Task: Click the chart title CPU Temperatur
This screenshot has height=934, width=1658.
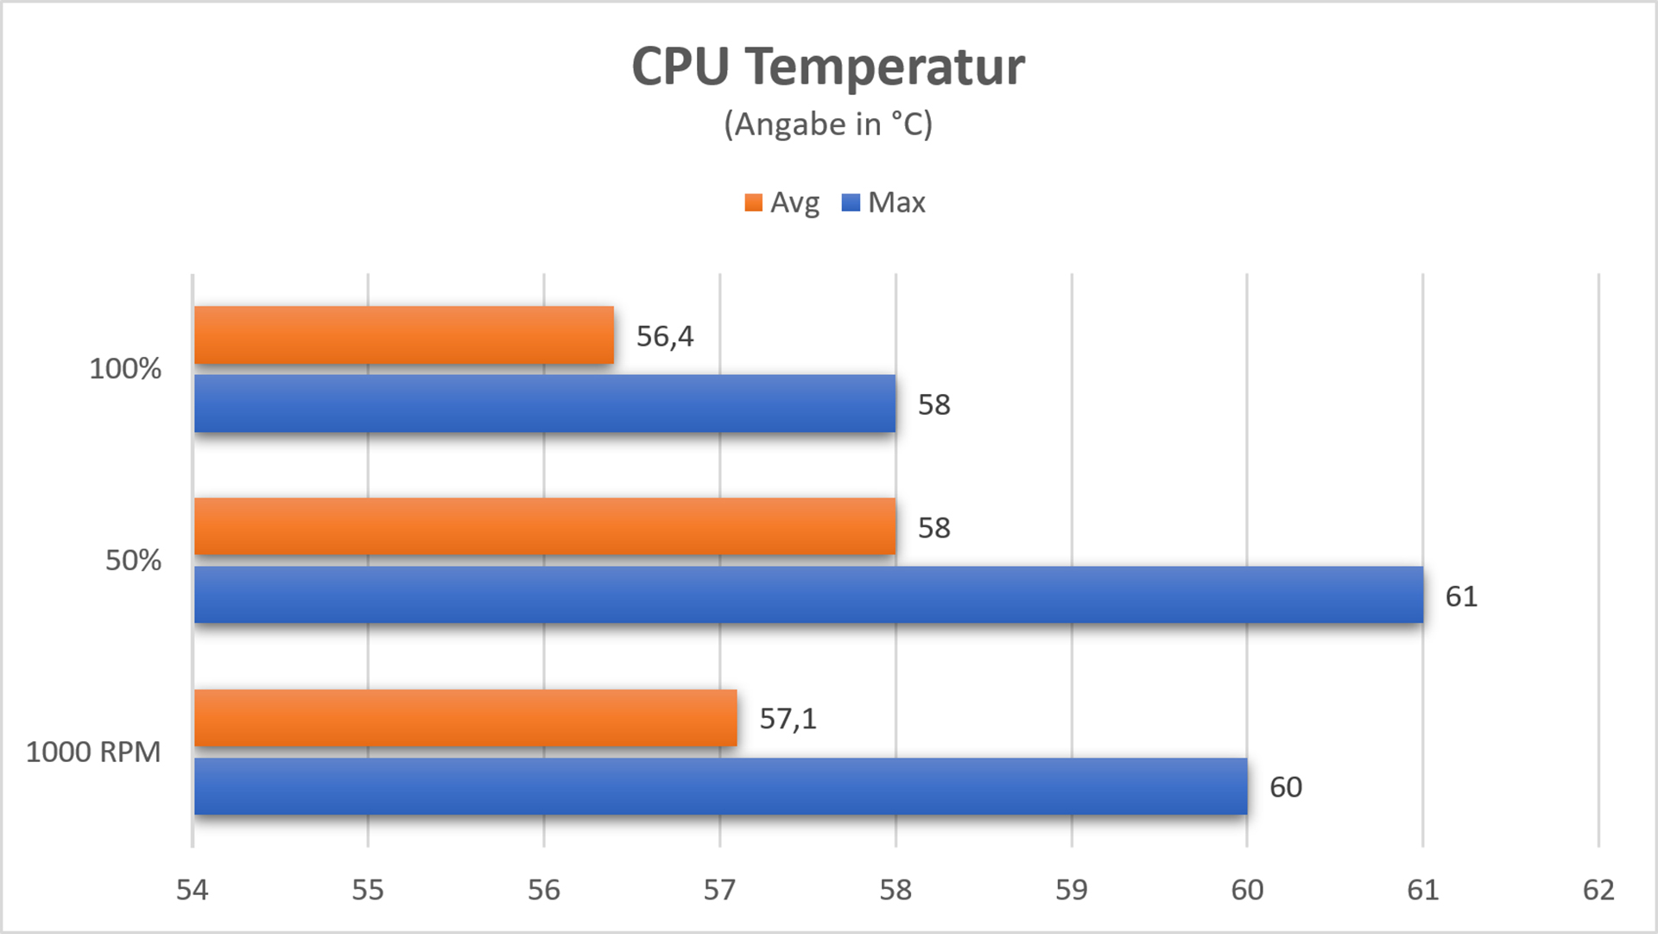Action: (x=828, y=67)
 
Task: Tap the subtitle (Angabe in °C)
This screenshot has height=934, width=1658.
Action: (x=828, y=124)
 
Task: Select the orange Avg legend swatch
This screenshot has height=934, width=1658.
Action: (x=753, y=203)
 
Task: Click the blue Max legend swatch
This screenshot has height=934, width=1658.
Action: (x=851, y=203)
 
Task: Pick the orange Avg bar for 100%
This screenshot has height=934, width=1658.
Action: (x=403, y=335)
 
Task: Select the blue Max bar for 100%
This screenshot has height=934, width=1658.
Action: (x=544, y=403)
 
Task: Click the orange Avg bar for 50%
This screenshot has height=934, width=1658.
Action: (x=544, y=526)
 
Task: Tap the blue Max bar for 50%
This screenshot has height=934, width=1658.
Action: (x=807, y=594)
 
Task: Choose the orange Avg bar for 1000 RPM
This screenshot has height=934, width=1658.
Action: (x=465, y=718)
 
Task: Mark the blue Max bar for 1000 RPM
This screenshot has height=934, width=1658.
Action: (x=719, y=786)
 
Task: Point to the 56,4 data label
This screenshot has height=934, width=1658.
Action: (x=665, y=336)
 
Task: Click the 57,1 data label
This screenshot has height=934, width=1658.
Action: (x=788, y=719)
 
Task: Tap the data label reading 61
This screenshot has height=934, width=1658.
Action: (x=1461, y=596)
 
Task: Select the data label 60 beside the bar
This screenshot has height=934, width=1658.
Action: (x=1286, y=787)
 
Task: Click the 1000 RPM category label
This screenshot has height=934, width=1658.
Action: (x=93, y=752)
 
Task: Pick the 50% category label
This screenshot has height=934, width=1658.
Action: (x=133, y=560)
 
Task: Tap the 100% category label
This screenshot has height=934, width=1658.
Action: (x=125, y=369)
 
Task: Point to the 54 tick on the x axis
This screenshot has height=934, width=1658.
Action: (x=192, y=890)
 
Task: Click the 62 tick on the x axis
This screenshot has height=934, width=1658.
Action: (x=1598, y=890)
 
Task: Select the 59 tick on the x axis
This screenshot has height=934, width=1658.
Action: (x=1071, y=890)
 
